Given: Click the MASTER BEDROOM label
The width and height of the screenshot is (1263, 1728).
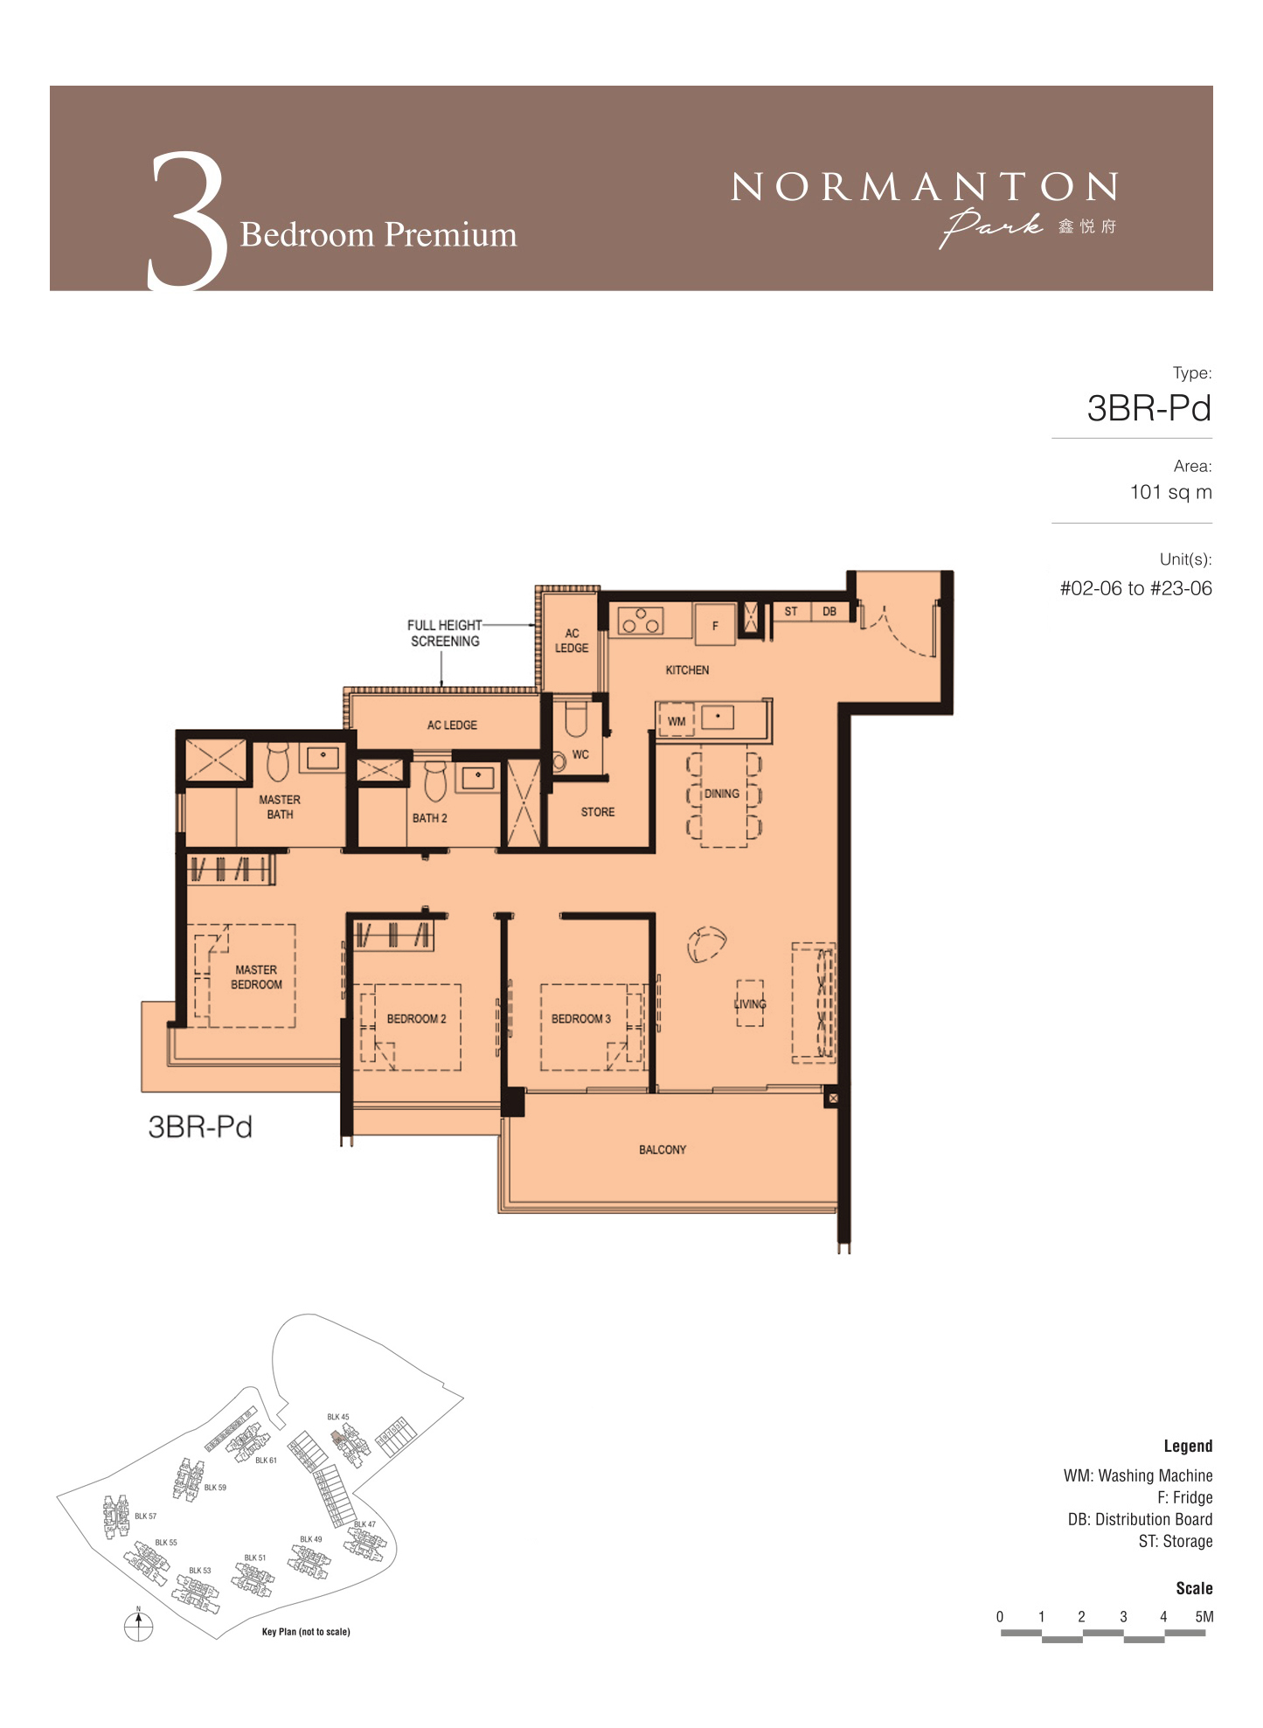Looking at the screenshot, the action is [x=256, y=977].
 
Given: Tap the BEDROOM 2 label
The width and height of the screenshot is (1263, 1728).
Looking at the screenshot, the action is [x=416, y=1019].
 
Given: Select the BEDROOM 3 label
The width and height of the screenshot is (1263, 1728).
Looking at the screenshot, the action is [x=580, y=1019].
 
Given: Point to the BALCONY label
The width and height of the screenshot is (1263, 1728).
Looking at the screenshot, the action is [x=663, y=1149].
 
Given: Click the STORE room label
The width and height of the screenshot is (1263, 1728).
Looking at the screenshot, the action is [x=598, y=812].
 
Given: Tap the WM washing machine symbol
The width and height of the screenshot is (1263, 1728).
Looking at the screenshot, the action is [x=676, y=719].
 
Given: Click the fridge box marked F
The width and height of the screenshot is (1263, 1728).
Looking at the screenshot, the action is [x=715, y=625].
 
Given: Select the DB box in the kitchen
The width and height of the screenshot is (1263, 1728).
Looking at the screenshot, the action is [x=829, y=612].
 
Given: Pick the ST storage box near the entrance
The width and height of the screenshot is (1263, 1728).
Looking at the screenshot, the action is [x=791, y=612].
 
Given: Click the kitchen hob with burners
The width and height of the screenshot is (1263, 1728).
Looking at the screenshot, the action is [x=641, y=621].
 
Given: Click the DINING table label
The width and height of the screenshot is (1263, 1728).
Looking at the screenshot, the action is [x=722, y=794].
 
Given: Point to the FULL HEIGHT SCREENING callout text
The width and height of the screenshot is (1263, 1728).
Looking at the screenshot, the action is [x=445, y=633].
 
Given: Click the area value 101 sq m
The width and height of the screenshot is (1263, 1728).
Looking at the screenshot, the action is [x=1170, y=492].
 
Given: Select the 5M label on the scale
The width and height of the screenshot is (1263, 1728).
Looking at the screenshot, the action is [x=1204, y=1616].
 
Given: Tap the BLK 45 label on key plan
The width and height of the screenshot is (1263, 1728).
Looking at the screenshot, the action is [x=338, y=1417].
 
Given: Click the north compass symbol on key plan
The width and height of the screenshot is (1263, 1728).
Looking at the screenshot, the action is [x=138, y=1625].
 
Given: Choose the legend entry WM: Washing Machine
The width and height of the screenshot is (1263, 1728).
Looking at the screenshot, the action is [x=1138, y=1475].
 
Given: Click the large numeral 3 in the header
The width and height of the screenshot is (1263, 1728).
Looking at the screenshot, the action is [x=187, y=220].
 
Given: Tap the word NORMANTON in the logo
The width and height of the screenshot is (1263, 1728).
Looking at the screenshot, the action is [x=924, y=187].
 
